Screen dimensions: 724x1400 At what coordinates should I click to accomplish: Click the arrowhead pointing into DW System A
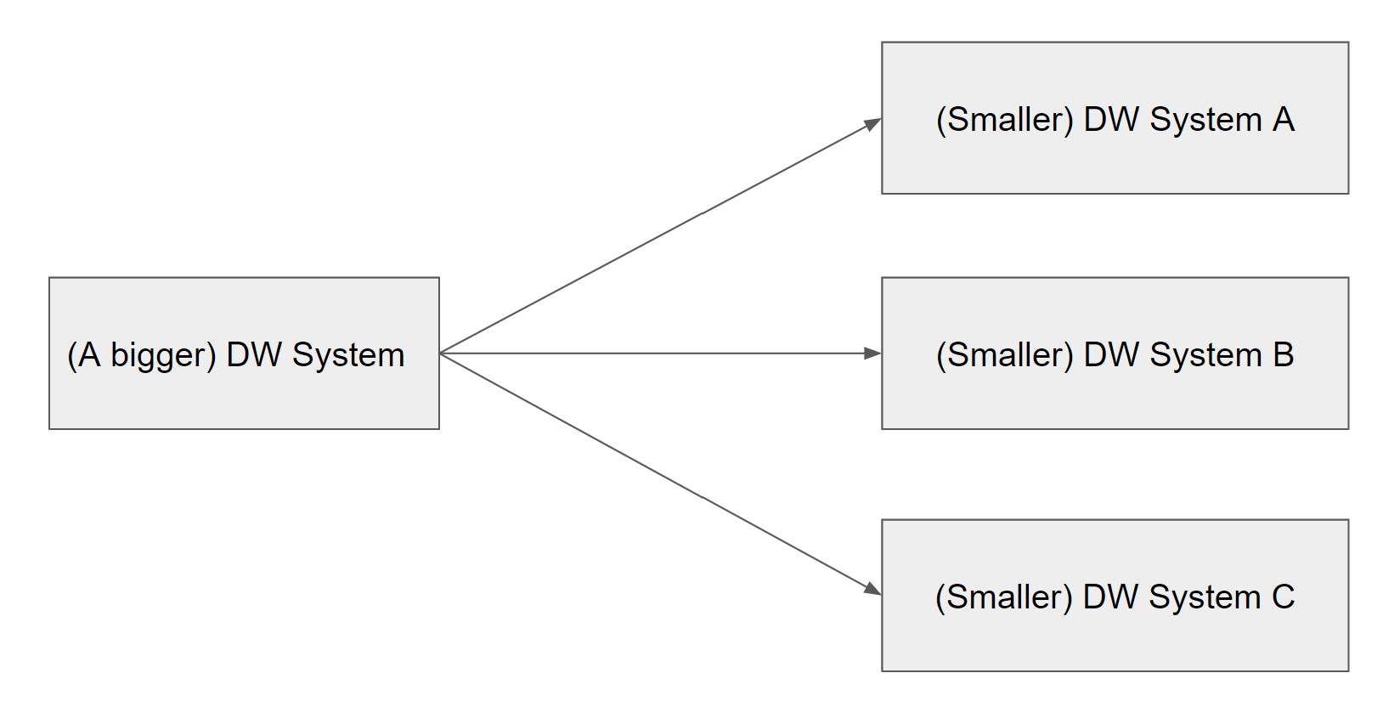[872, 124]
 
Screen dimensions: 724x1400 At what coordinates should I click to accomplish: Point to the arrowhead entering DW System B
[872, 354]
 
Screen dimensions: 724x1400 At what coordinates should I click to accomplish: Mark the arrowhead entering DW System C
[872, 588]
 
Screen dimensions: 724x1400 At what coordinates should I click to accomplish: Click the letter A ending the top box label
[1283, 120]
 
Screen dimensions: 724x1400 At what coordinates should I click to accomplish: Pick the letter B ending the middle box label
[1283, 355]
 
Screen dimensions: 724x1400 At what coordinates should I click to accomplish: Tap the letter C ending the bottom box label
[1283, 597]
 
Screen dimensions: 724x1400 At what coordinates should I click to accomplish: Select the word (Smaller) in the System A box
[1005, 120]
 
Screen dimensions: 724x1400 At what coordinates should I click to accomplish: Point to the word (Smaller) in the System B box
[1005, 355]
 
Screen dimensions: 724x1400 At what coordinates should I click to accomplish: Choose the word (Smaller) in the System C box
[1004, 597]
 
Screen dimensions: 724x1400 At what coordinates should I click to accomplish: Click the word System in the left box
[348, 355]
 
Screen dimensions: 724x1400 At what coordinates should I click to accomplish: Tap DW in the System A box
[1112, 120]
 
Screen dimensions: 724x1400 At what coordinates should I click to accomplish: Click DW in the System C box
[1111, 597]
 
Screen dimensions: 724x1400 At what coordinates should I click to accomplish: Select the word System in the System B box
[1205, 355]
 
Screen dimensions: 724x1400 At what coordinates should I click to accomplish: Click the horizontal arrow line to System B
[654, 354]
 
